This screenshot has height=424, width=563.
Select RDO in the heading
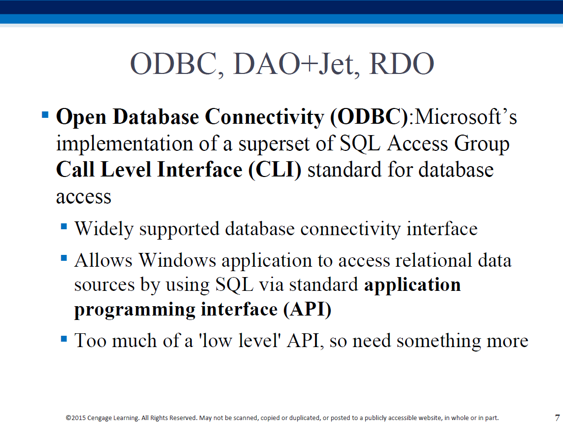click(401, 64)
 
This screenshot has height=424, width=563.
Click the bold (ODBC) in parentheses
click(369, 117)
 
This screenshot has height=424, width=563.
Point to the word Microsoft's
click(466, 117)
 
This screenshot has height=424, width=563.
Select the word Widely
click(104, 229)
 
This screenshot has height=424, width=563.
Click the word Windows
click(177, 260)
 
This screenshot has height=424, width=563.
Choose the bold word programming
click(135, 310)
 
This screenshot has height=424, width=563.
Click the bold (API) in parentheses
click(307, 309)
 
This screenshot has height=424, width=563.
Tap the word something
click(438, 341)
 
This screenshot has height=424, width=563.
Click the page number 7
click(557, 418)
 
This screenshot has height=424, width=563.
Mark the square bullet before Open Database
click(45, 115)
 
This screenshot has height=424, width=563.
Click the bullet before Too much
click(64, 339)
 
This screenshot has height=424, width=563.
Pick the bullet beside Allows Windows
click(64, 258)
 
